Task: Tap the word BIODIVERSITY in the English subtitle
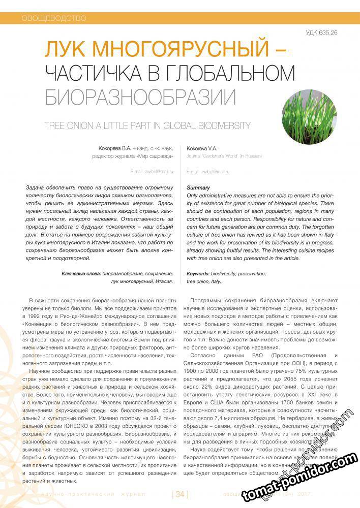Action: (220, 125)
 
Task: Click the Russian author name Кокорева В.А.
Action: (116, 148)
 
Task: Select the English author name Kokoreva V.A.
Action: (202, 148)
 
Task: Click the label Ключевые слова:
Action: (80, 273)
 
